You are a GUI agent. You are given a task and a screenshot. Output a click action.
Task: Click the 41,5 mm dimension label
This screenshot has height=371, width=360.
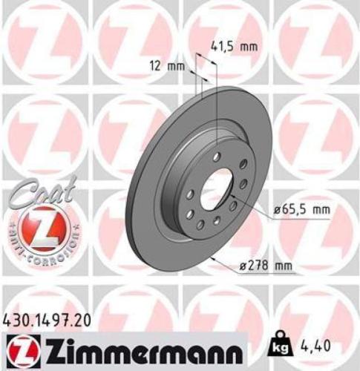pyautogui.click(x=236, y=46)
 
